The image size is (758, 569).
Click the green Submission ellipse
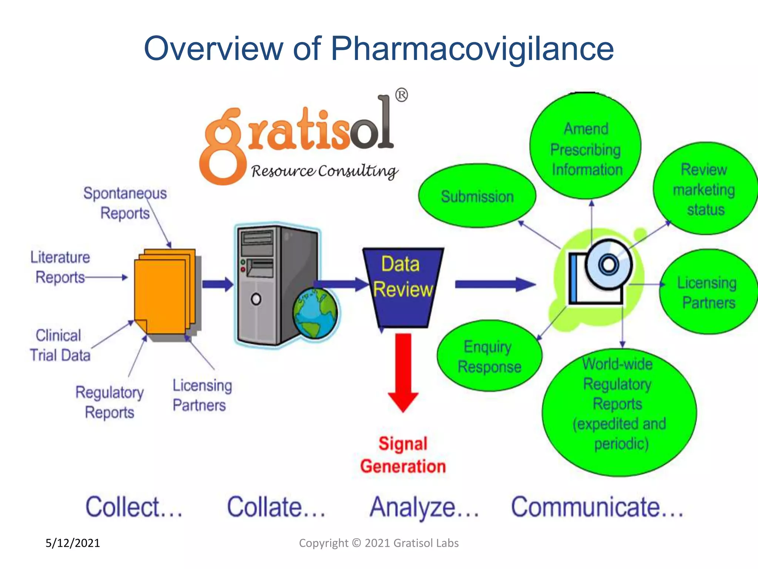pyautogui.click(x=477, y=196)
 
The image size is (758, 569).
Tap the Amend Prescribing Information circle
pyautogui.click(x=586, y=148)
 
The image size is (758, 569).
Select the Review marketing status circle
pyautogui.click(x=704, y=189)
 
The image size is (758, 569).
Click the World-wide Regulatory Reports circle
pyautogui.click(x=619, y=411)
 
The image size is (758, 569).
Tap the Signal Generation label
pyautogui.click(x=403, y=455)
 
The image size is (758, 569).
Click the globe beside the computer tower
pyautogui.click(x=315, y=313)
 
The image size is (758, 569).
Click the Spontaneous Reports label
pyautogui.click(x=125, y=203)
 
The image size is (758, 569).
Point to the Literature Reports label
pyautogui.click(x=60, y=267)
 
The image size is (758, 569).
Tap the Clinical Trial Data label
pyautogui.click(x=60, y=345)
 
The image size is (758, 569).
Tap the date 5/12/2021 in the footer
pyautogui.click(x=73, y=543)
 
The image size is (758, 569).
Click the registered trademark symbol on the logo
pyautogui.click(x=402, y=95)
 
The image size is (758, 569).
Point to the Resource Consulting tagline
pyautogui.click(x=324, y=171)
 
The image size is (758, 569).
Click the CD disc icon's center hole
pyautogui.click(x=608, y=265)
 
